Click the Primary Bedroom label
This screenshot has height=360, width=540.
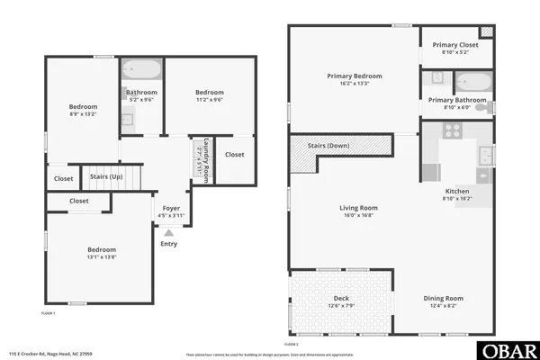(353, 76)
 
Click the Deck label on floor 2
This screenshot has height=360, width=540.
(342, 298)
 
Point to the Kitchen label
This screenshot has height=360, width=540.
(457, 192)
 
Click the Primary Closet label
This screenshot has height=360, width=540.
(456, 44)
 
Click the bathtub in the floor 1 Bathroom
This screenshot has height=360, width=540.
(141, 70)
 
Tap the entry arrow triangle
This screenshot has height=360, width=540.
(168, 233)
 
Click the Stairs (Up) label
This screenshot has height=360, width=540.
(106, 176)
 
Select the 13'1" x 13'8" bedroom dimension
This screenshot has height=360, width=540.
(101, 257)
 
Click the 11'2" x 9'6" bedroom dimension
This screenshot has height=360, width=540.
(209, 100)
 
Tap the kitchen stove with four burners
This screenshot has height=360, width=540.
(452, 131)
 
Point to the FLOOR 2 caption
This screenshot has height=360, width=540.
(292, 344)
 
